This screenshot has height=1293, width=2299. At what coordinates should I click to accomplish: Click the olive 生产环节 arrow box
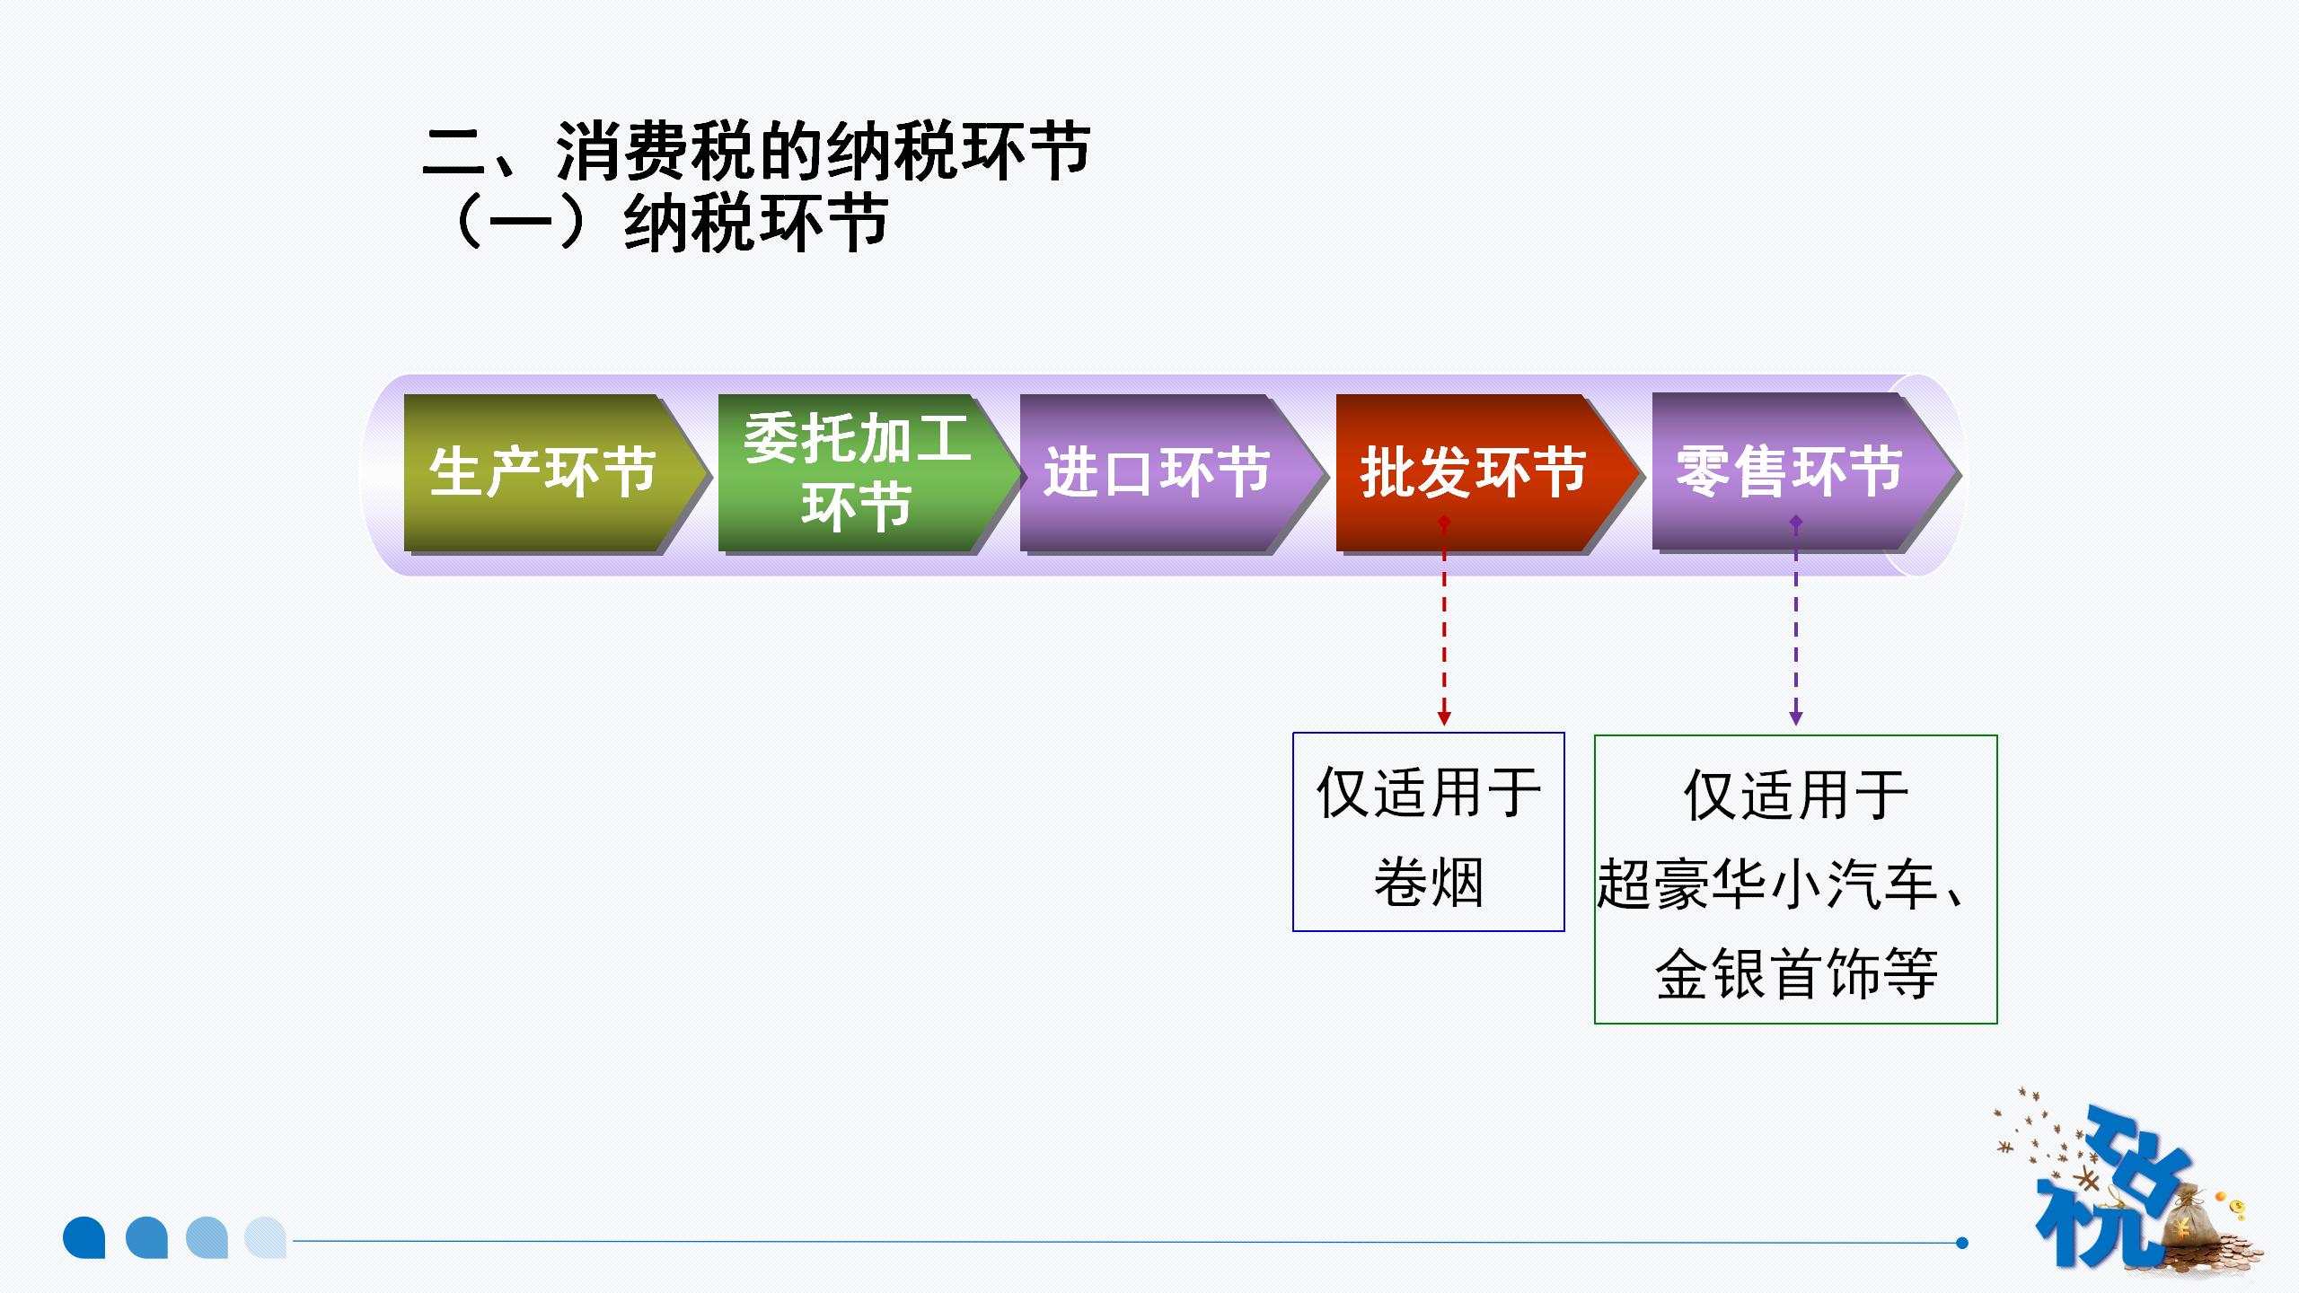(543, 472)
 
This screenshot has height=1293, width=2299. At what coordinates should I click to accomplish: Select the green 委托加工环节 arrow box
(858, 472)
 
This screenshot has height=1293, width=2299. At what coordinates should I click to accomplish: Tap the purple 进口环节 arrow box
(1158, 472)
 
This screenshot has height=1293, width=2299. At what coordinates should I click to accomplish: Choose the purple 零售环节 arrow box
(1791, 471)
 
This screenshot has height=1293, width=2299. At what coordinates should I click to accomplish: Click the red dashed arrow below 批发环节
(1444, 629)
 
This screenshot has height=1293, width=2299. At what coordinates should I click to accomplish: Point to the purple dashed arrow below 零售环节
(1796, 629)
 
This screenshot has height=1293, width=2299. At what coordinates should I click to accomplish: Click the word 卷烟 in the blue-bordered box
(1429, 882)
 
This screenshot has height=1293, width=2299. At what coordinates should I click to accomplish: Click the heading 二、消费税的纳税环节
(756, 150)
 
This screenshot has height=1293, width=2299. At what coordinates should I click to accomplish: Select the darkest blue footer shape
(84, 1237)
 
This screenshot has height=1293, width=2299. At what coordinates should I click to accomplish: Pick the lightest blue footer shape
(266, 1237)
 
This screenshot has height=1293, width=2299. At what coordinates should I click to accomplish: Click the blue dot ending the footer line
(1962, 1243)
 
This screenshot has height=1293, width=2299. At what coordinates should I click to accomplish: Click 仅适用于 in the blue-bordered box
(1429, 792)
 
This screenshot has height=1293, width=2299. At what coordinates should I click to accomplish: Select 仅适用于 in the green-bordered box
(1796, 796)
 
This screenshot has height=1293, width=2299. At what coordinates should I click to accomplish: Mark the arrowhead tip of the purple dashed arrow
(1796, 721)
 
